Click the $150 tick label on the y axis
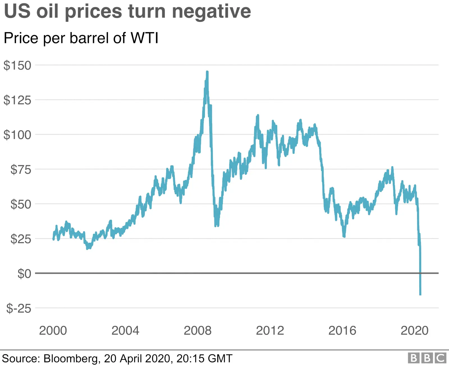[x=17, y=65]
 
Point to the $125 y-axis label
[x=17, y=100]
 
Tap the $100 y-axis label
[x=17, y=135]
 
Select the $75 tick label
[x=21, y=170]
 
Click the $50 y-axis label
[x=21, y=204]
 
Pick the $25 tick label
[x=21, y=239]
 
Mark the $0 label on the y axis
[x=24, y=274]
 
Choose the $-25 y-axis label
[x=19, y=308]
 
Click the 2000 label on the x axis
[x=53, y=330]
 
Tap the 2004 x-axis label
[x=125, y=330]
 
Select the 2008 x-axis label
[x=198, y=330]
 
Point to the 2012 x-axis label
[x=270, y=330]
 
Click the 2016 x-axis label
[x=342, y=330]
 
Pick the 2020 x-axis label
[x=414, y=330]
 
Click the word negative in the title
[x=211, y=12]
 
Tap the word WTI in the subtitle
[x=145, y=38]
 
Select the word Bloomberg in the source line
[x=71, y=358]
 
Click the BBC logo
[x=427, y=358]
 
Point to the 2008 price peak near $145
[x=207, y=72]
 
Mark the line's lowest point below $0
[x=420, y=295]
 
